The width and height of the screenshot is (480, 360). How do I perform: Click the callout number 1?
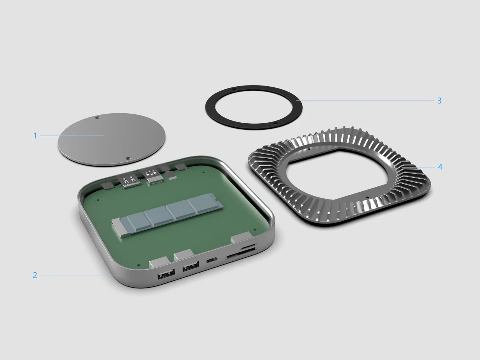coord(35,136)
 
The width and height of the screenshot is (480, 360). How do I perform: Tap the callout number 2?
coord(35,275)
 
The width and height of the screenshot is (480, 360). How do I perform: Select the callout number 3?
coord(439,100)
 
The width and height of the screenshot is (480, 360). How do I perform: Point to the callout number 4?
coord(440,167)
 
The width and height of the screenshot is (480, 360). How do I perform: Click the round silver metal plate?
coord(111,139)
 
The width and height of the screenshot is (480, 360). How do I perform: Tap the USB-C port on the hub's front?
coord(211,260)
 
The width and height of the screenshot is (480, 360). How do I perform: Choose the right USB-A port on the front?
coord(191,266)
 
